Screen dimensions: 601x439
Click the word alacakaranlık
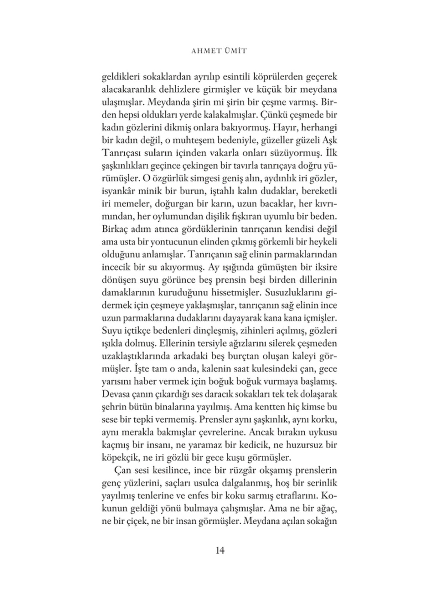[x=128, y=90]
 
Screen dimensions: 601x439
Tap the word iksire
[x=325, y=267]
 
